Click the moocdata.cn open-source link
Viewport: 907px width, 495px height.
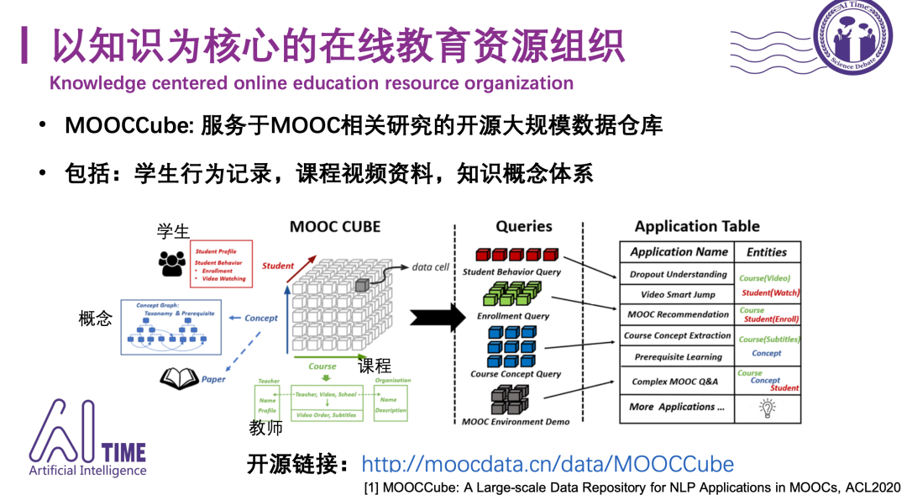tap(547, 464)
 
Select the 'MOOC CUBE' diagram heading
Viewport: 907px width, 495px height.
tap(335, 227)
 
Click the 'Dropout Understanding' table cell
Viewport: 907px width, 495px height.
tap(679, 274)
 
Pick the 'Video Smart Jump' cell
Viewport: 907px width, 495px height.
tap(679, 294)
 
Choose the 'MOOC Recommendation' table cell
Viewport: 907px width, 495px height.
tap(679, 314)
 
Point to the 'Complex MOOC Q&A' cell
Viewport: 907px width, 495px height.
tap(674, 382)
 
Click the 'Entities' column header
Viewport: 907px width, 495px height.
tap(767, 251)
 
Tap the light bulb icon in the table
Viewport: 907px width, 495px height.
tap(767, 407)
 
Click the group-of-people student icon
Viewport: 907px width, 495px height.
tap(172, 262)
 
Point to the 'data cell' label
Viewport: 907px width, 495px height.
tap(430, 266)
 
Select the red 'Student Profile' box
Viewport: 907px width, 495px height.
tap(221, 264)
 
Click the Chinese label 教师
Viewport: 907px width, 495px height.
tap(265, 428)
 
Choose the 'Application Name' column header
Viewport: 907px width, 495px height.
tap(679, 251)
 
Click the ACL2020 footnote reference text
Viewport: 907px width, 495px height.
tap(632, 487)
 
